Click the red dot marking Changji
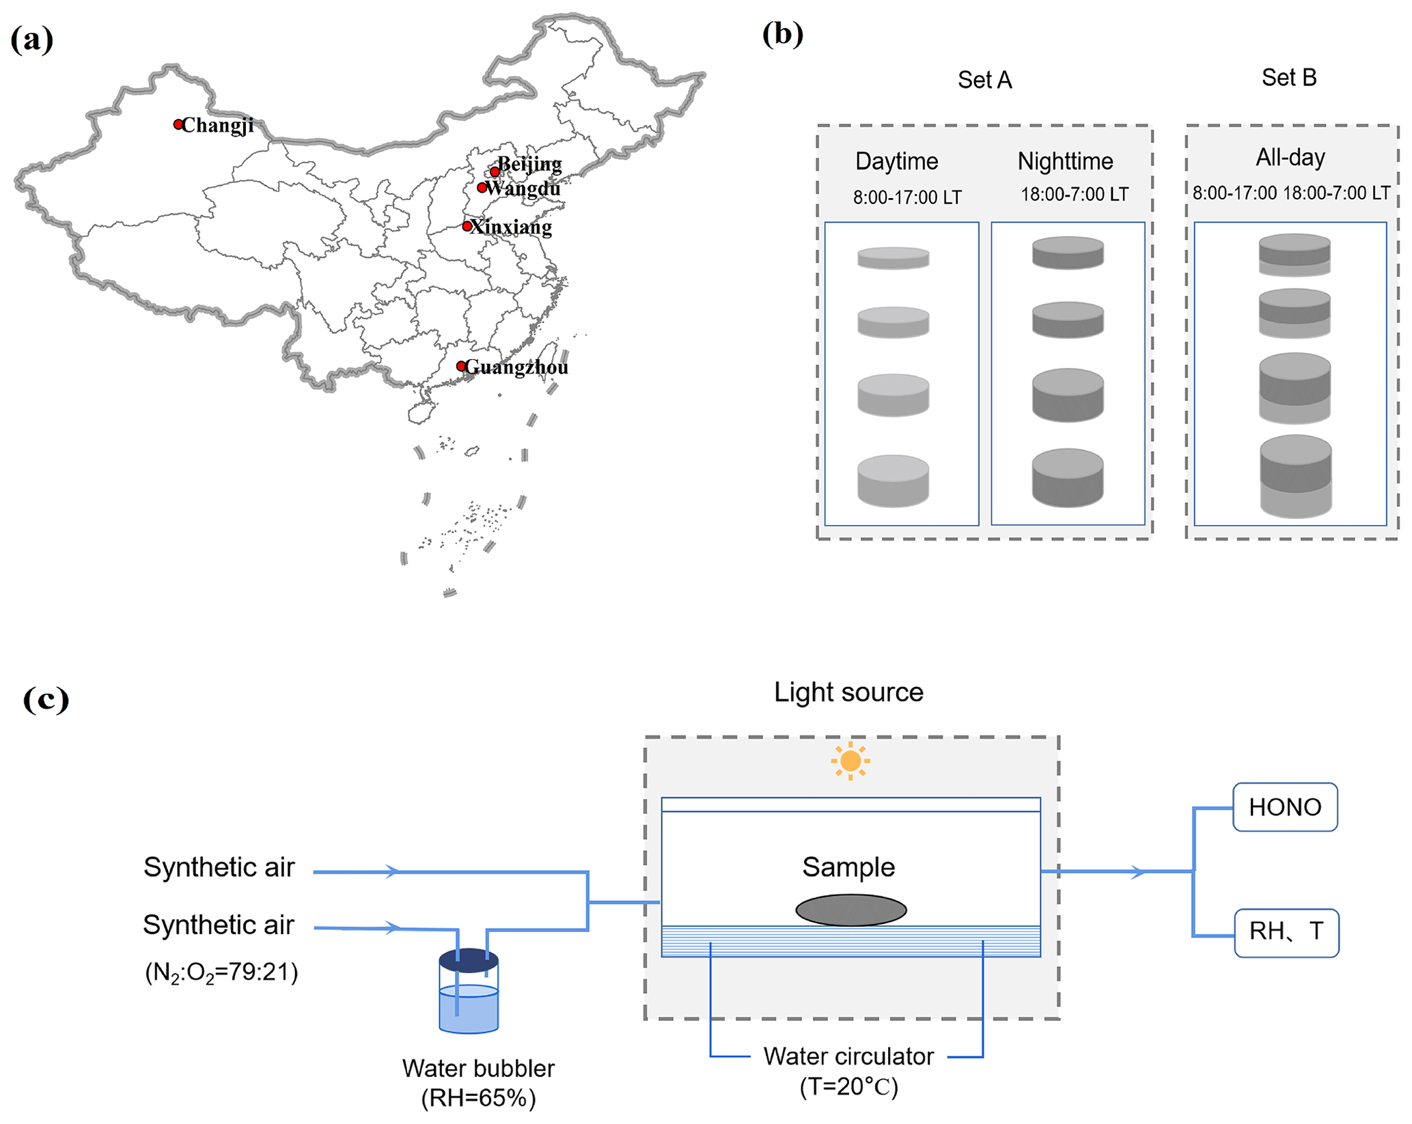coord(178,124)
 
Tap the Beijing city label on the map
coord(530,164)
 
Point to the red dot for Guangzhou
coord(462,367)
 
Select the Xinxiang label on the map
coord(512,227)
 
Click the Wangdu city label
coord(523,188)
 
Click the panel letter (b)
coord(782,34)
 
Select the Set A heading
coord(984,80)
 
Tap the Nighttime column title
coord(1065,161)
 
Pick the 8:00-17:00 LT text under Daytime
coord(907,197)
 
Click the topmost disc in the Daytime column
coord(893,258)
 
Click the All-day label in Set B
coord(1290,158)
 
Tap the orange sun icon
coord(850,761)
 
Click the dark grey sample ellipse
coord(851,910)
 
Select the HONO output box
coord(1285,807)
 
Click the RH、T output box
coord(1286,932)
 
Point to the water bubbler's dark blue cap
coord(469,960)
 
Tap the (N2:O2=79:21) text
coord(221,972)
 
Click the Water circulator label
coord(848,1056)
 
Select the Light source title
coord(848,692)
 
